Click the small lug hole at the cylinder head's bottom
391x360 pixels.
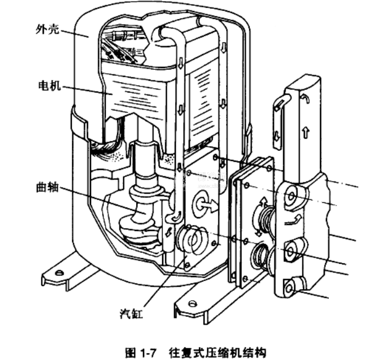click(296, 283)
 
